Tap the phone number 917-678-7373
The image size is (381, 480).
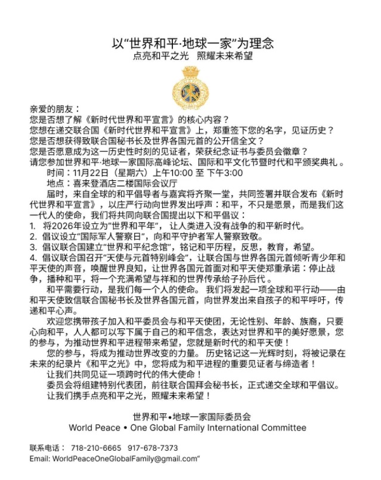coord(152,448)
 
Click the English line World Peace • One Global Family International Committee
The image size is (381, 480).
coord(187,427)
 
